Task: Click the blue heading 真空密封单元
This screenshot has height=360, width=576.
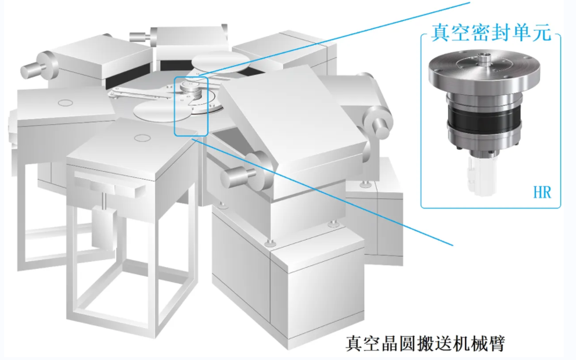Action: (491, 33)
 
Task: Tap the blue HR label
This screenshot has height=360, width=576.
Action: (542, 193)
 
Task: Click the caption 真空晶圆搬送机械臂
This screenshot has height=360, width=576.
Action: (425, 343)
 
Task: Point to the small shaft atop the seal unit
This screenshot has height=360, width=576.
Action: (484, 57)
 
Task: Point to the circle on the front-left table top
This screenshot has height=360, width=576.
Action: (142, 138)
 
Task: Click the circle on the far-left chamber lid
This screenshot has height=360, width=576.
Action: (66, 103)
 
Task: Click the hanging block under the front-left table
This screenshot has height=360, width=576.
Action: (103, 226)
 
